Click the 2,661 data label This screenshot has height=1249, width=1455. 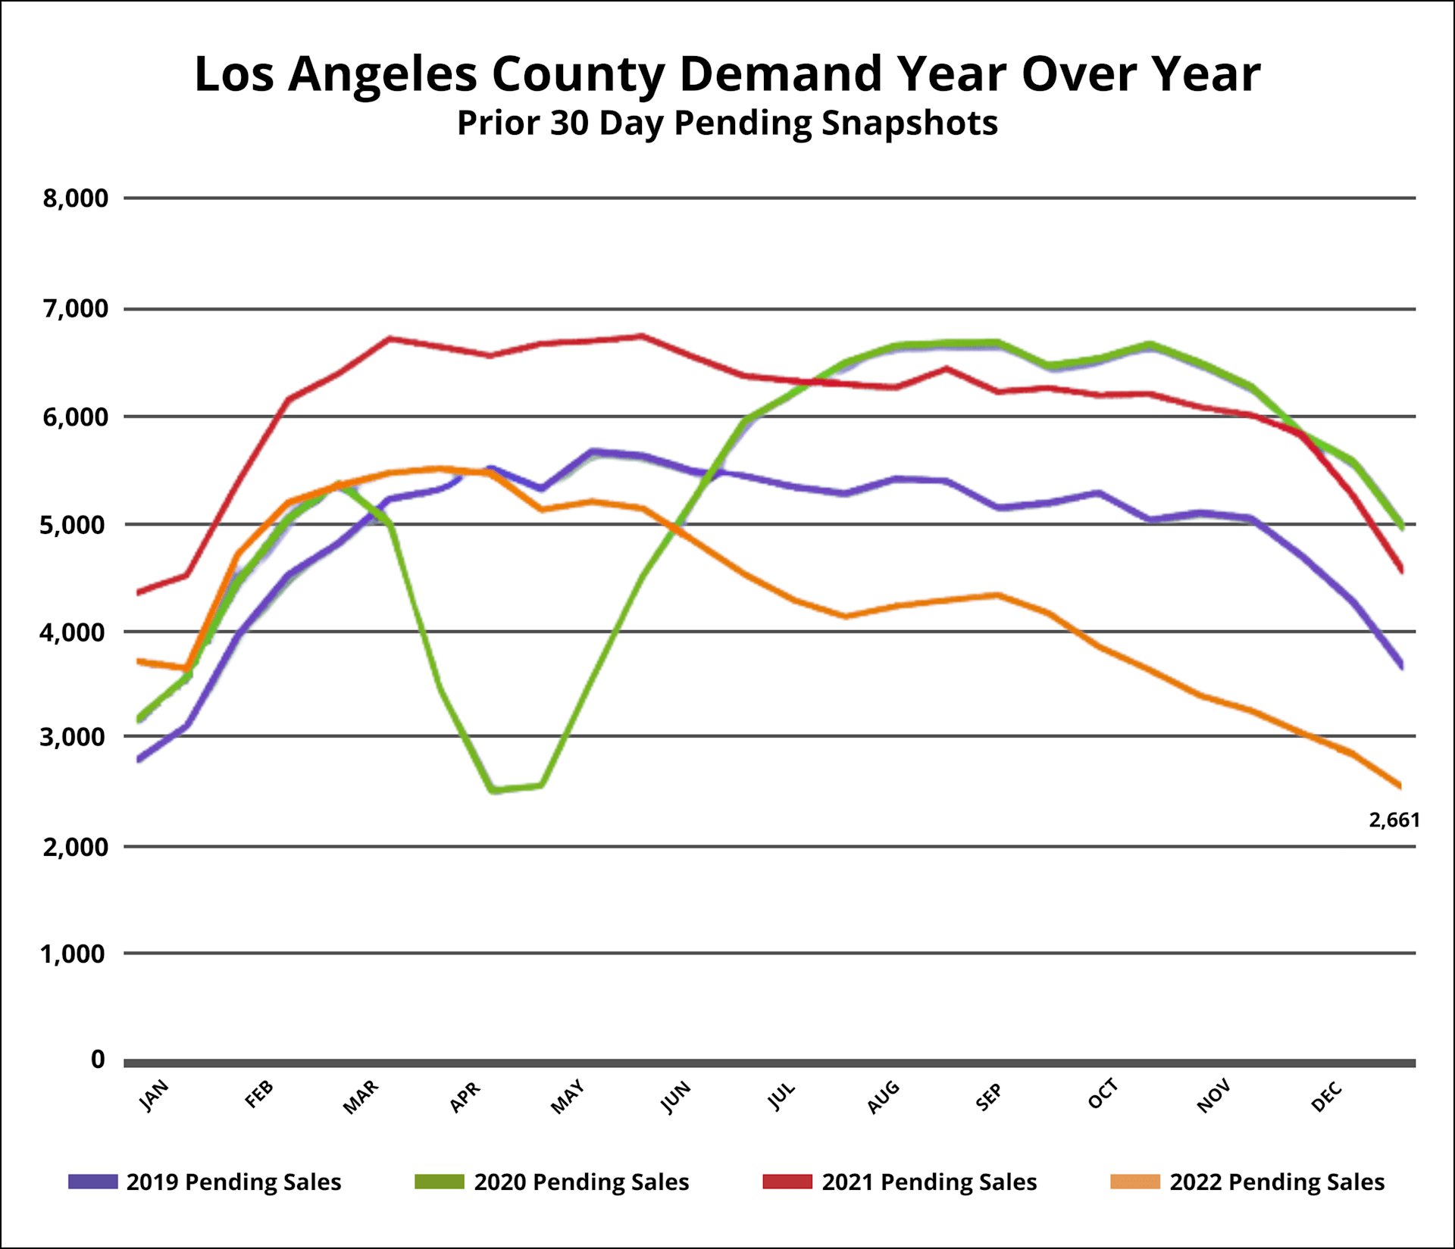click(x=1394, y=820)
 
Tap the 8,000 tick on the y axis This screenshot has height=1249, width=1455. click(x=75, y=198)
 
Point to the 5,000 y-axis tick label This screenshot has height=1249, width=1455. click(x=74, y=524)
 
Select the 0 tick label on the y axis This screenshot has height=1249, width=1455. click(x=98, y=1059)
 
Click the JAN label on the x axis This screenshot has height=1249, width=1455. click(x=155, y=1095)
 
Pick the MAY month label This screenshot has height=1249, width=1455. click(x=568, y=1097)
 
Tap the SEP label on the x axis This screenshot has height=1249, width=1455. click(x=988, y=1097)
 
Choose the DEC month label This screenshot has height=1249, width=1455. click(x=1326, y=1097)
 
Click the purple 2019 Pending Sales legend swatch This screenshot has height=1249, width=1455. click(x=93, y=1182)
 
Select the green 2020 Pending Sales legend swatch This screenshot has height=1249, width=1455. click(x=440, y=1182)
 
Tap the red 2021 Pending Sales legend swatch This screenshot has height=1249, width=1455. click(x=787, y=1182)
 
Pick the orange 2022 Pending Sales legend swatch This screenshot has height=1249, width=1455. click(x=1135, y=1182)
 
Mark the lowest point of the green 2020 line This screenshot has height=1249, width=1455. click(x=493, y=790)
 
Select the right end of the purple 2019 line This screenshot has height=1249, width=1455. click(x=1402, y=666)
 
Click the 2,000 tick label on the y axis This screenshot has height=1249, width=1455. click(x=75, y=847)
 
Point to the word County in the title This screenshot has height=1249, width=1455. click(x=577, y=74)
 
